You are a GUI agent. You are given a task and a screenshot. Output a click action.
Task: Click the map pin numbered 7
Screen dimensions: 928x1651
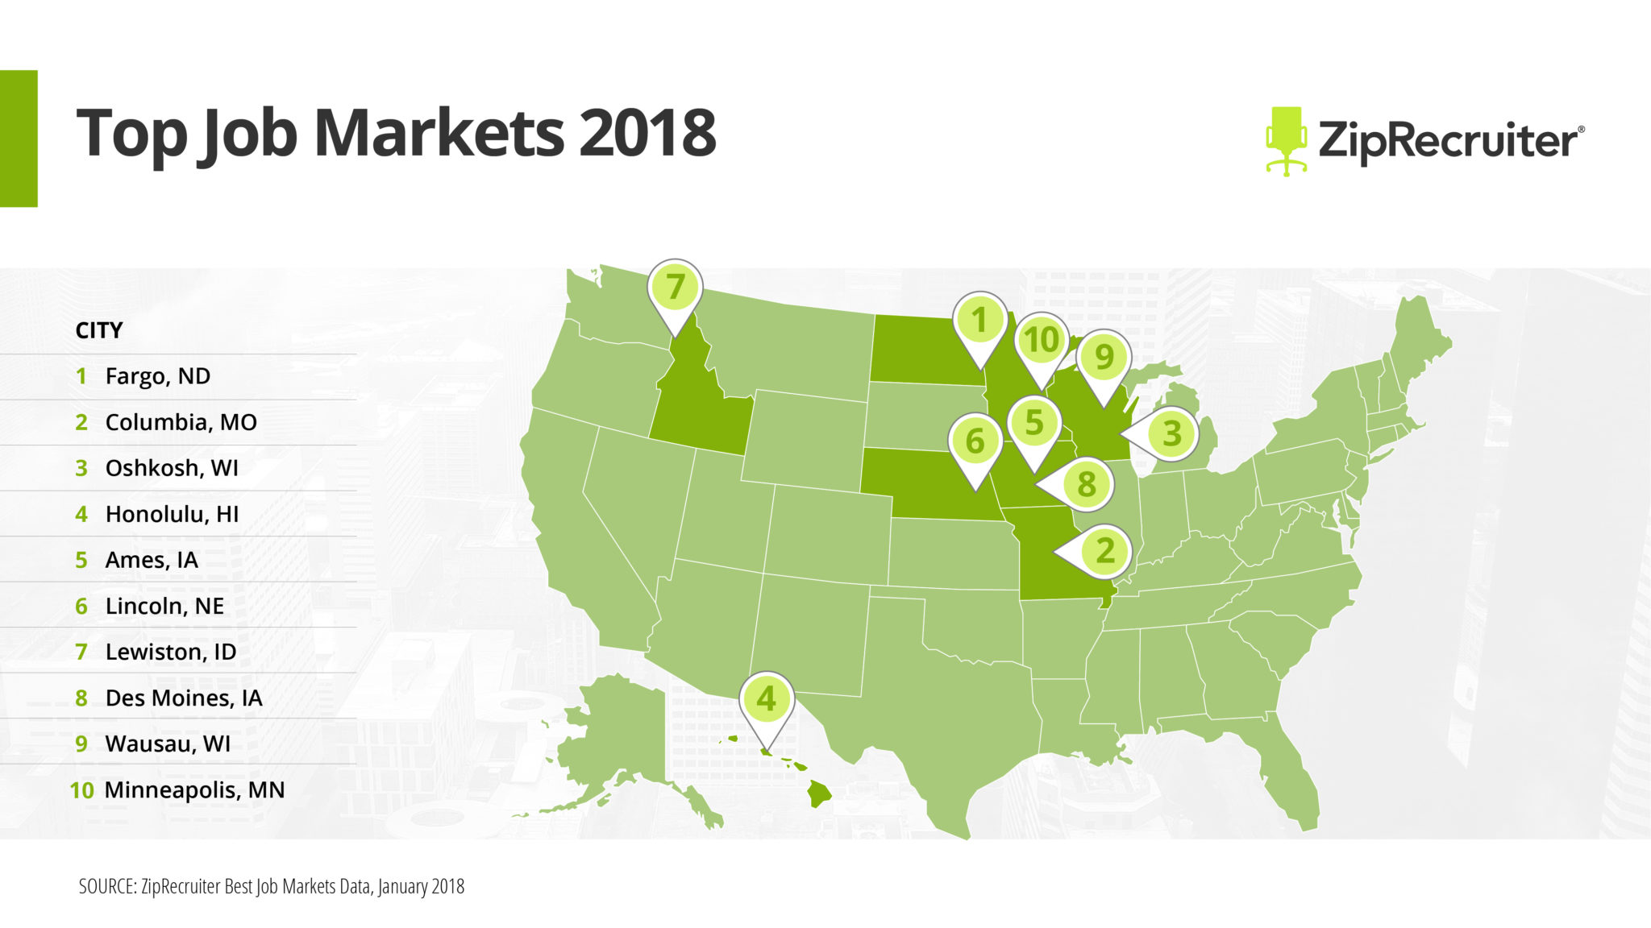(x=675, y=288)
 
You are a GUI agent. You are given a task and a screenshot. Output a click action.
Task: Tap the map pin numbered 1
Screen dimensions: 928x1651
(x=979, y=321)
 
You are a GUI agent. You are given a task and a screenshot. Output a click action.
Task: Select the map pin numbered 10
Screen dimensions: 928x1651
(x=1041, y=341)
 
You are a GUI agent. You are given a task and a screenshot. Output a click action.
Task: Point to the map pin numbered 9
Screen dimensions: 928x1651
(x=1104, y=357)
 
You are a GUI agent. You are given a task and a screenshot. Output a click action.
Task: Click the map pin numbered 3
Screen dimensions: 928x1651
(x=1171, y=433)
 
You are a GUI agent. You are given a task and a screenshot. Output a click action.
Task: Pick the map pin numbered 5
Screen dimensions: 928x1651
(x=1034, y=423)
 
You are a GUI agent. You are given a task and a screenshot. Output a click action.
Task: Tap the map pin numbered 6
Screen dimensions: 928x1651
(x=975, y=441)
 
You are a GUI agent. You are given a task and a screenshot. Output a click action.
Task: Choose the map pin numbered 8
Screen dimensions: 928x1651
(x=1085, y=484)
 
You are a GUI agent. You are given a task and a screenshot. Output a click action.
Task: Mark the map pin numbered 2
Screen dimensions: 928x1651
(x=1104, y=551)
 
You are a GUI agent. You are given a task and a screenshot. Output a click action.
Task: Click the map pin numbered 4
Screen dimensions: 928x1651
(x=766, y=699)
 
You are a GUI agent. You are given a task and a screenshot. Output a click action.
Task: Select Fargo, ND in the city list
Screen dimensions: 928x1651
(x=157, y=376)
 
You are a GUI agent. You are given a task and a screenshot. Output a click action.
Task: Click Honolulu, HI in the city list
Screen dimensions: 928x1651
(x=172, y=514)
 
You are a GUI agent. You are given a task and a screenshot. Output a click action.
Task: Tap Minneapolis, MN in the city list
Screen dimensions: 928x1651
(x=194, y=789)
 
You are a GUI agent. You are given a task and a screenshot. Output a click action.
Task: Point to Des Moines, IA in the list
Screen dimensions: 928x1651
(x=183, y=698)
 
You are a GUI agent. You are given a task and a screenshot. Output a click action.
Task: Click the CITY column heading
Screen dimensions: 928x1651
(x=99, y=330)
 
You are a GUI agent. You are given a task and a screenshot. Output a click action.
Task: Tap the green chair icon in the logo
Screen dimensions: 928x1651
(x=1285, y=140)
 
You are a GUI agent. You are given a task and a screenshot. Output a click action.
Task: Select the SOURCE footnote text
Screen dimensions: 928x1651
(x=272, y=886)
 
